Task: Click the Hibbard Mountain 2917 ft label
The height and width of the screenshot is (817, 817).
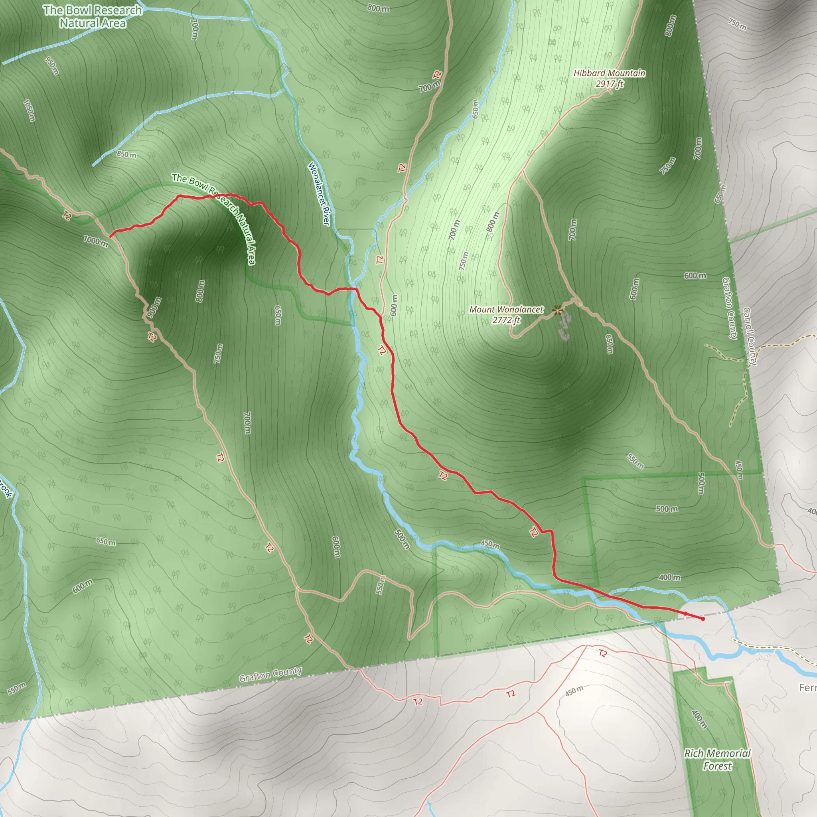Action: (610, 78)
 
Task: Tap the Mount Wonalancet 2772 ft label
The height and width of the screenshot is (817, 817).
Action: (506, 315)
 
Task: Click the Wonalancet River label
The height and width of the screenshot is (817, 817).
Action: (319, 193)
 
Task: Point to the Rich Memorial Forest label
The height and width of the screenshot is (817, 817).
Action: (717, 760)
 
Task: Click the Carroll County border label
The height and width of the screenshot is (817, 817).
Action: (750, 336)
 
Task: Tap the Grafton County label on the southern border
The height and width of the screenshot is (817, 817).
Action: (270, 674)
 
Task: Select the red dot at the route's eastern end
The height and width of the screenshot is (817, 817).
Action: (703, 619)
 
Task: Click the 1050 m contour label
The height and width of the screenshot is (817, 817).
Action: (29, 111)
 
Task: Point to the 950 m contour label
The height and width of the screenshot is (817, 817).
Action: (51, 65)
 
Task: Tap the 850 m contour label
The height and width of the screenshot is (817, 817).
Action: (126, 154)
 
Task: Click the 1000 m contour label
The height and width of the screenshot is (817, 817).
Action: (96, 241)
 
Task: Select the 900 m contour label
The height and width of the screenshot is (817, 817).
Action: (154, 308)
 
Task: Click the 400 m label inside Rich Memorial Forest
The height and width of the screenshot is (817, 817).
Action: (699, 716)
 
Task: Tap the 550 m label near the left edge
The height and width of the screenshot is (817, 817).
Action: (16, 689)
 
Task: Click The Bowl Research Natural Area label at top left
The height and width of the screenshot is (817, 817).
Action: (93, 16)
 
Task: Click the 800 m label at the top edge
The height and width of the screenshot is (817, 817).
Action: (378, 8)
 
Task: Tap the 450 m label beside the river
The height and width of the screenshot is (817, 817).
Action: (490, 545)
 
